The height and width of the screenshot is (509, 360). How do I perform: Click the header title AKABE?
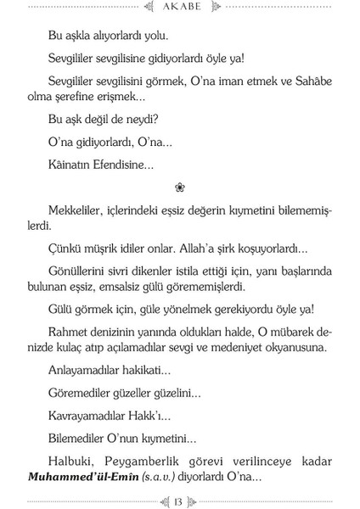(x=179, y=11)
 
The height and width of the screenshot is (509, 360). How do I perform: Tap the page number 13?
(x=180, y=500)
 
